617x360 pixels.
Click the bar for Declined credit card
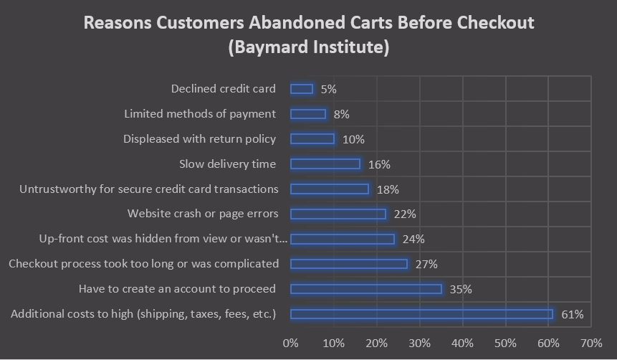coord(302,89)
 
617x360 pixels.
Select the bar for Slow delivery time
coord(325,164)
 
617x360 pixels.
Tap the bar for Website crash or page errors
coord(338,214)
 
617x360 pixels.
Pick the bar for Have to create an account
coord(366,289)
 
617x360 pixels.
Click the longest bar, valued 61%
coord(422,314)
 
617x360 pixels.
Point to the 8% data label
coord(342,114)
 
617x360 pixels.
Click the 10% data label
coord(353,139)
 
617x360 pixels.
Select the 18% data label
coord(388,189)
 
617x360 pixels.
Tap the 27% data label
coord(426,264)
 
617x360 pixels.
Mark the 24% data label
coord(413,239)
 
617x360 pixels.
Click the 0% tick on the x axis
coord(291,343)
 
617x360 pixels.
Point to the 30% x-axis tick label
coord(420,343)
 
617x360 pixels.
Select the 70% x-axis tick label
coord(591,343)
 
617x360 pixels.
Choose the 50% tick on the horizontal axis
coord(505,343)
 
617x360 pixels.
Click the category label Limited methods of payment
coord(200,114)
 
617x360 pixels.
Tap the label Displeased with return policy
coord(199,139)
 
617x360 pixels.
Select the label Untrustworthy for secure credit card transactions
coord(149,189)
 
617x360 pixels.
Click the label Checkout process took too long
coord(143,264)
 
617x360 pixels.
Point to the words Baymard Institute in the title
coord(309,48)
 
